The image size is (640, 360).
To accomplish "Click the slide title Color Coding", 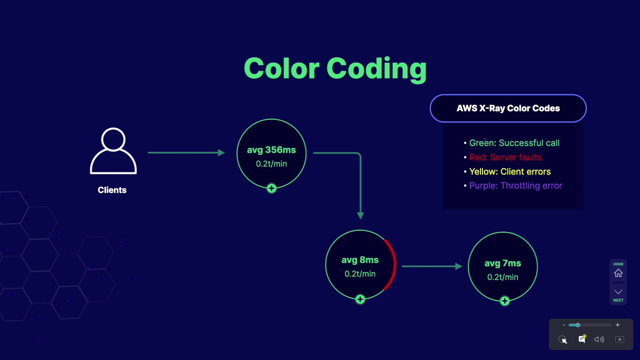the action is tap(335, 69).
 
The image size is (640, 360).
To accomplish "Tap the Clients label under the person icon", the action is tap(112, 190).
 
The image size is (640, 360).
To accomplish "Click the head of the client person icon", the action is tap(113, 139).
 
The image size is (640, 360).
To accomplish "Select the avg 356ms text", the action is tap(271, 150).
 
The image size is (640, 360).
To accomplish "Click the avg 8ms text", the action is tap(360, 260).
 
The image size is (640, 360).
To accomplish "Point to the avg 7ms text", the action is tap(503, 263).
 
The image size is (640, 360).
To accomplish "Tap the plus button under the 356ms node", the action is tap(272, 188).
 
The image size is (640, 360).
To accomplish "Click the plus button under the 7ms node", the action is tap(505, 301).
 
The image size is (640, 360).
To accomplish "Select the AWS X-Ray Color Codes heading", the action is tap(508, 108).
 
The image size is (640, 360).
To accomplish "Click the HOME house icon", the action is tap(618, 273).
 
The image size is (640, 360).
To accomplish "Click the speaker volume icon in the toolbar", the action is tap(599, 339).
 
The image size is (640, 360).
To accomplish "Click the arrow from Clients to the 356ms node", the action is tap(186, 153).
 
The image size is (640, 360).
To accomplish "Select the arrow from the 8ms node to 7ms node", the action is tap(432, 266).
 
